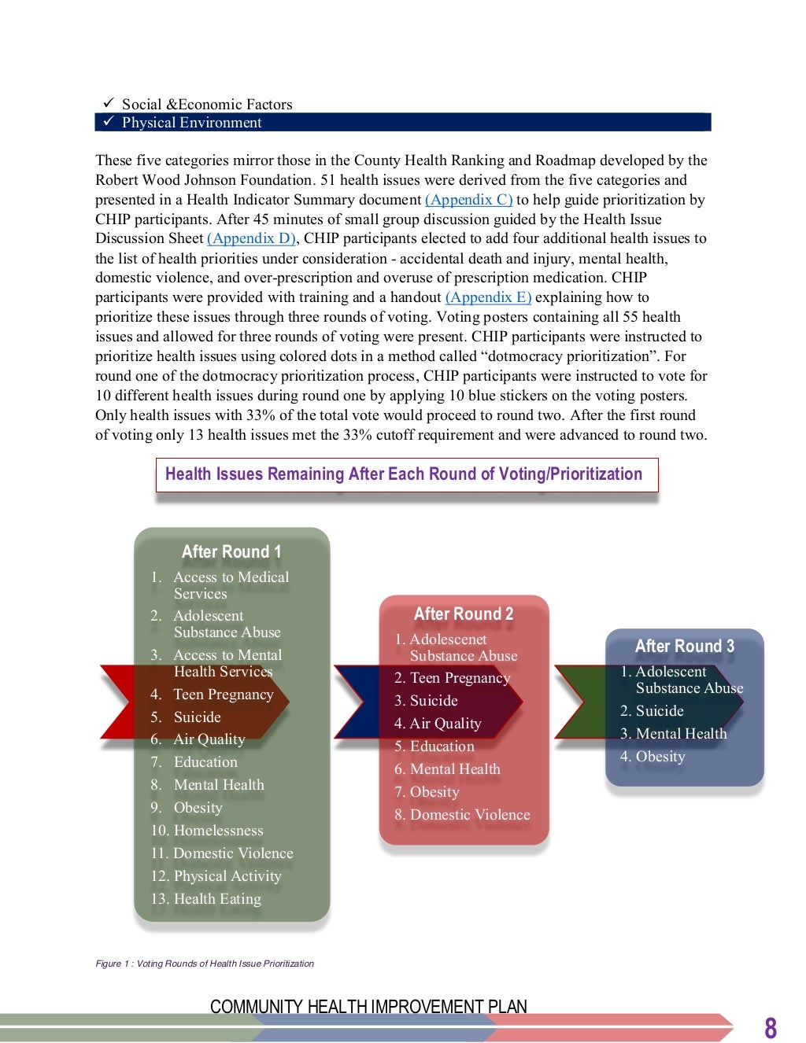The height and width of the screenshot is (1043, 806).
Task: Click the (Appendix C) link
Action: [468, 200]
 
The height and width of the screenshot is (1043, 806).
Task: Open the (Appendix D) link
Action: [251, 238]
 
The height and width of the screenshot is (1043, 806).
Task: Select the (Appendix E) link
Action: [488, 297]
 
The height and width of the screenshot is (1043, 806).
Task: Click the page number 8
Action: [770, 1027]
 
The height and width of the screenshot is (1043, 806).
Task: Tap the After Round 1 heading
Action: [231, 552]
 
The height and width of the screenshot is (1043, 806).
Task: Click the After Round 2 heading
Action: [464, 614]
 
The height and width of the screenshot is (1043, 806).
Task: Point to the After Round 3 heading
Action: [684, 647]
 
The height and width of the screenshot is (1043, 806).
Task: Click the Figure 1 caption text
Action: [205, 964]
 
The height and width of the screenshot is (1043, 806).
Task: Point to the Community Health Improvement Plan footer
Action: [368, 1007]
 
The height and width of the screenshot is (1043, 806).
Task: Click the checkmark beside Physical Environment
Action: [109, 122]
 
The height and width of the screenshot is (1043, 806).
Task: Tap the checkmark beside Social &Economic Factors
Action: [109, 104]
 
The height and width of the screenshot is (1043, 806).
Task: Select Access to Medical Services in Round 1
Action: [231, 585]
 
